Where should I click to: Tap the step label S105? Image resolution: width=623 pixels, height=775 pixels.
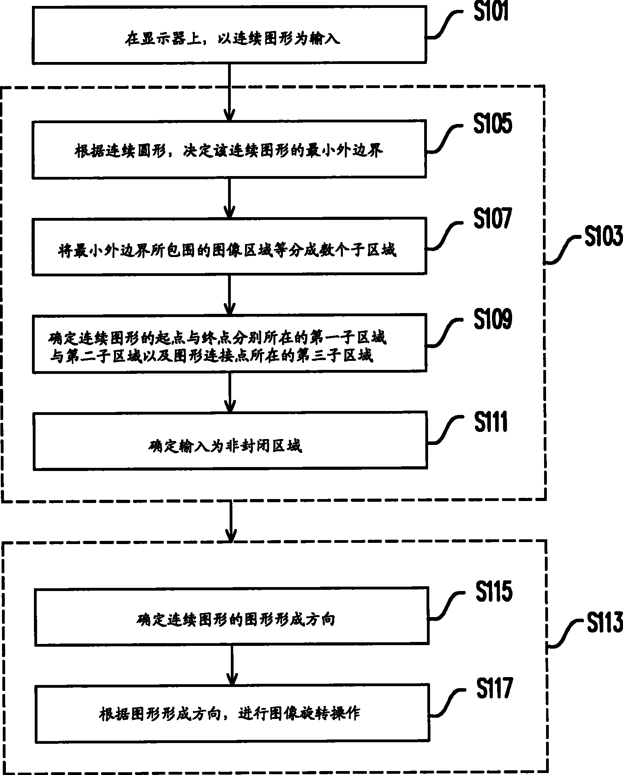tap(492, 123)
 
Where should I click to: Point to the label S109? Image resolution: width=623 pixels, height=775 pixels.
tap(492, 319)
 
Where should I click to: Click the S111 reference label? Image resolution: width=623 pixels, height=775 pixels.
tap(491, 422)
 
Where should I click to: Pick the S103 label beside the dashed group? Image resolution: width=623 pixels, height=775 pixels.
tap(603, 236)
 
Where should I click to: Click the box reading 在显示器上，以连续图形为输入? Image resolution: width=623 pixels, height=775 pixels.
tap(229, 34)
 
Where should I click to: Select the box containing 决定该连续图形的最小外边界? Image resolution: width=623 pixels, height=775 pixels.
tap(229, 149)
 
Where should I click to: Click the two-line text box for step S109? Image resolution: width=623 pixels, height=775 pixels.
tap(229, 343)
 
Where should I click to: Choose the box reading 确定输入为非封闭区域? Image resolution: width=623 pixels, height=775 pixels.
tap(230, 441)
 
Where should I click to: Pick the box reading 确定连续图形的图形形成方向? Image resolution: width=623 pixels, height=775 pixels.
tap(231, 616)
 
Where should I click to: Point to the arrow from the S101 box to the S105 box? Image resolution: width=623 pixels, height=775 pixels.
tap(229, 92)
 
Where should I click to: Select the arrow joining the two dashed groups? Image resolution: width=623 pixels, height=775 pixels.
tap(230, 521)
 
